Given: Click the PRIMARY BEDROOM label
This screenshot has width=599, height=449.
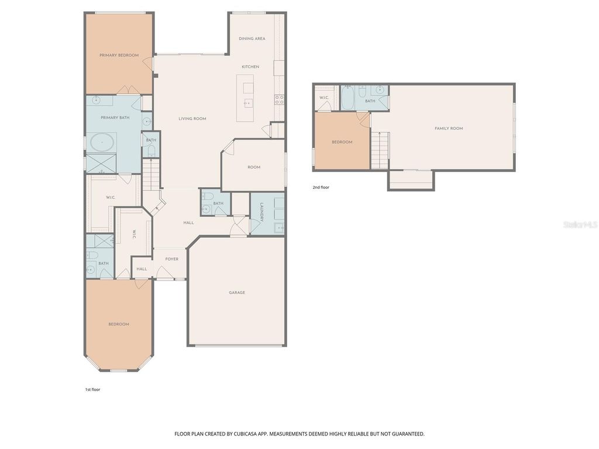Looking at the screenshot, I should [x=119, y=55].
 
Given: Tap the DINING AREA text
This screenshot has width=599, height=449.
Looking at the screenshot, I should [x=252, y=39].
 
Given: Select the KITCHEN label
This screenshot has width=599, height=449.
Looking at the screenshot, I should [x=250, y=67].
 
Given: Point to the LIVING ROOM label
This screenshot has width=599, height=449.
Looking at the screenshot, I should [x=192, y=119].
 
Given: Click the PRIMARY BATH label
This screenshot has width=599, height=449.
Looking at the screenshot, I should [x=115, y=118].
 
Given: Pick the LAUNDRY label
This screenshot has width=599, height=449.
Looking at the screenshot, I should [x=261, y=213].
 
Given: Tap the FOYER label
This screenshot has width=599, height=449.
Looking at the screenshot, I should [x=171, y=258].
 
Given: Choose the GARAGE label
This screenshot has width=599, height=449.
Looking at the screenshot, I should [x=237, y=292].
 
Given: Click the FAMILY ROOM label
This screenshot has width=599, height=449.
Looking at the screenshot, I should [x=449, y=128].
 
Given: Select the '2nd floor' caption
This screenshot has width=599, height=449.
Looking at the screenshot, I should [x=321, y=188].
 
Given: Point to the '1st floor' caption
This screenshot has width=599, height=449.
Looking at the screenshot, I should [x=92, y=389].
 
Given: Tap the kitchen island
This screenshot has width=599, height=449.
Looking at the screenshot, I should [x=245, y=98].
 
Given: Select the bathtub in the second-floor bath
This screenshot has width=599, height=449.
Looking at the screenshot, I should [x=347, y=98].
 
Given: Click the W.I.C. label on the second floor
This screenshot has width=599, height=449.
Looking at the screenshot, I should [x=323, y=97].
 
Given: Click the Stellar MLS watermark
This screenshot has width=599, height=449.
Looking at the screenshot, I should [x=580, y=224].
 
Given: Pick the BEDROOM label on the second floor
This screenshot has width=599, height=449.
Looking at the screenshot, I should [x=342, y=142].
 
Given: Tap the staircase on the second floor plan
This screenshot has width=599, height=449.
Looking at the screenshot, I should [x=380, y=150].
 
